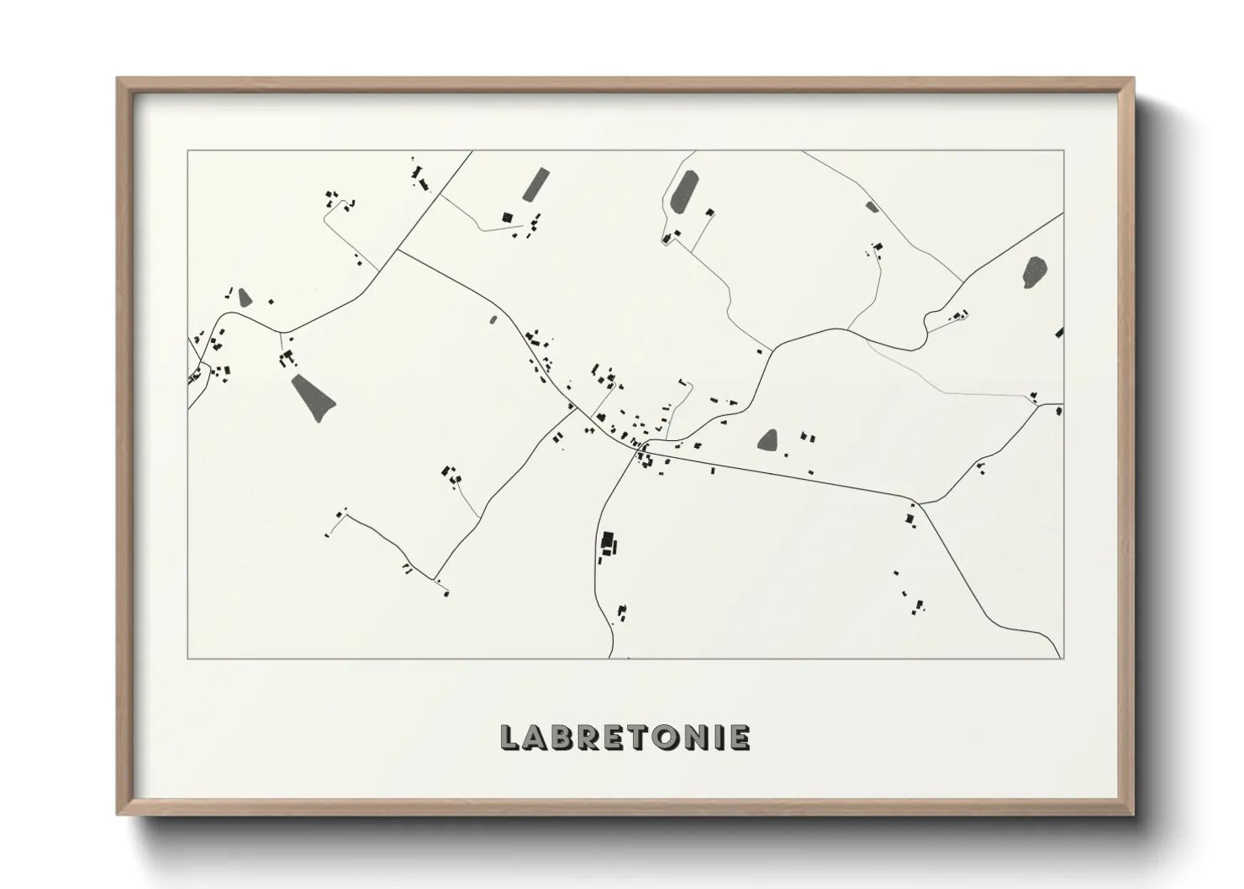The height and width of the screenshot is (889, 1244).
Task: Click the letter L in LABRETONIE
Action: [x=509, y=737]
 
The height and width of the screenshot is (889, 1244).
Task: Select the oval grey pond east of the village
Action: [x=768, y=440]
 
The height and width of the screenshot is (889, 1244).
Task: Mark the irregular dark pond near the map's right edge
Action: [x=1035, y=271]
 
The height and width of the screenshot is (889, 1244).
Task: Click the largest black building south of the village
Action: [x=607, y=540]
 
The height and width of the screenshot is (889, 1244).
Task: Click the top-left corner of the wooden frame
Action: [x=119, y=79]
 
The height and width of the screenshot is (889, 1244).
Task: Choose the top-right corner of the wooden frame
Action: [x=1133, y=79]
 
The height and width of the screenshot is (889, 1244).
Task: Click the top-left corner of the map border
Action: [x=188, y=151]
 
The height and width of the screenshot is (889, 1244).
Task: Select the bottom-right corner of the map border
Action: [x=1064, y=658]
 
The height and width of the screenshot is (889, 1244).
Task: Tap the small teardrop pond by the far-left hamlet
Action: [x=245, y=297]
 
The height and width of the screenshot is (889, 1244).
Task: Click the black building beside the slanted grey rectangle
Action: [x=507, y=217]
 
